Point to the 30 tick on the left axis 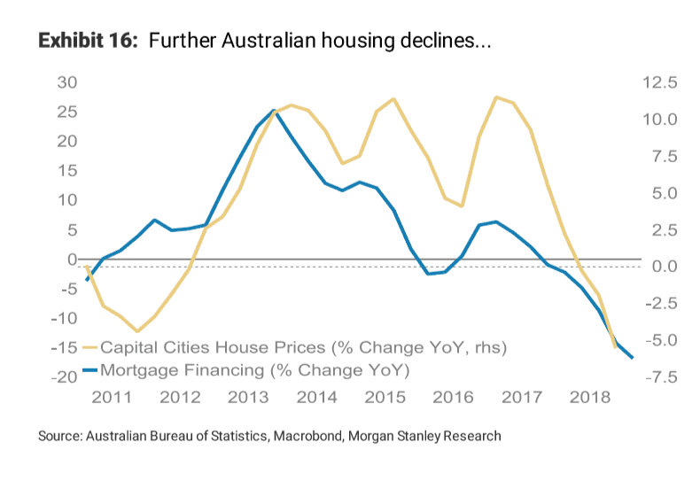(x=66, y=82)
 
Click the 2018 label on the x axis (x=584, y=396)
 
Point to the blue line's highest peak (x=274, y=110)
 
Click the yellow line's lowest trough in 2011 (x=137, y=331)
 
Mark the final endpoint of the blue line (x=632, y=358)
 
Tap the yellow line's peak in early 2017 (x=496, y=97)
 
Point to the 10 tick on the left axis (x=66, y=200)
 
